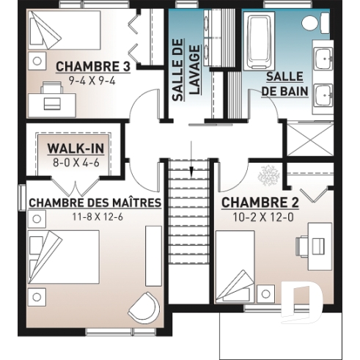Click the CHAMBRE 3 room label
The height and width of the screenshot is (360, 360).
(92, 65)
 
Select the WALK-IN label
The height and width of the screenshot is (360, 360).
(76, 149)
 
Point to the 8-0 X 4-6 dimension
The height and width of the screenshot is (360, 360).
(76, 163)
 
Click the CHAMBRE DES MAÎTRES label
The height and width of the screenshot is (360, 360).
(95, 202)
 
